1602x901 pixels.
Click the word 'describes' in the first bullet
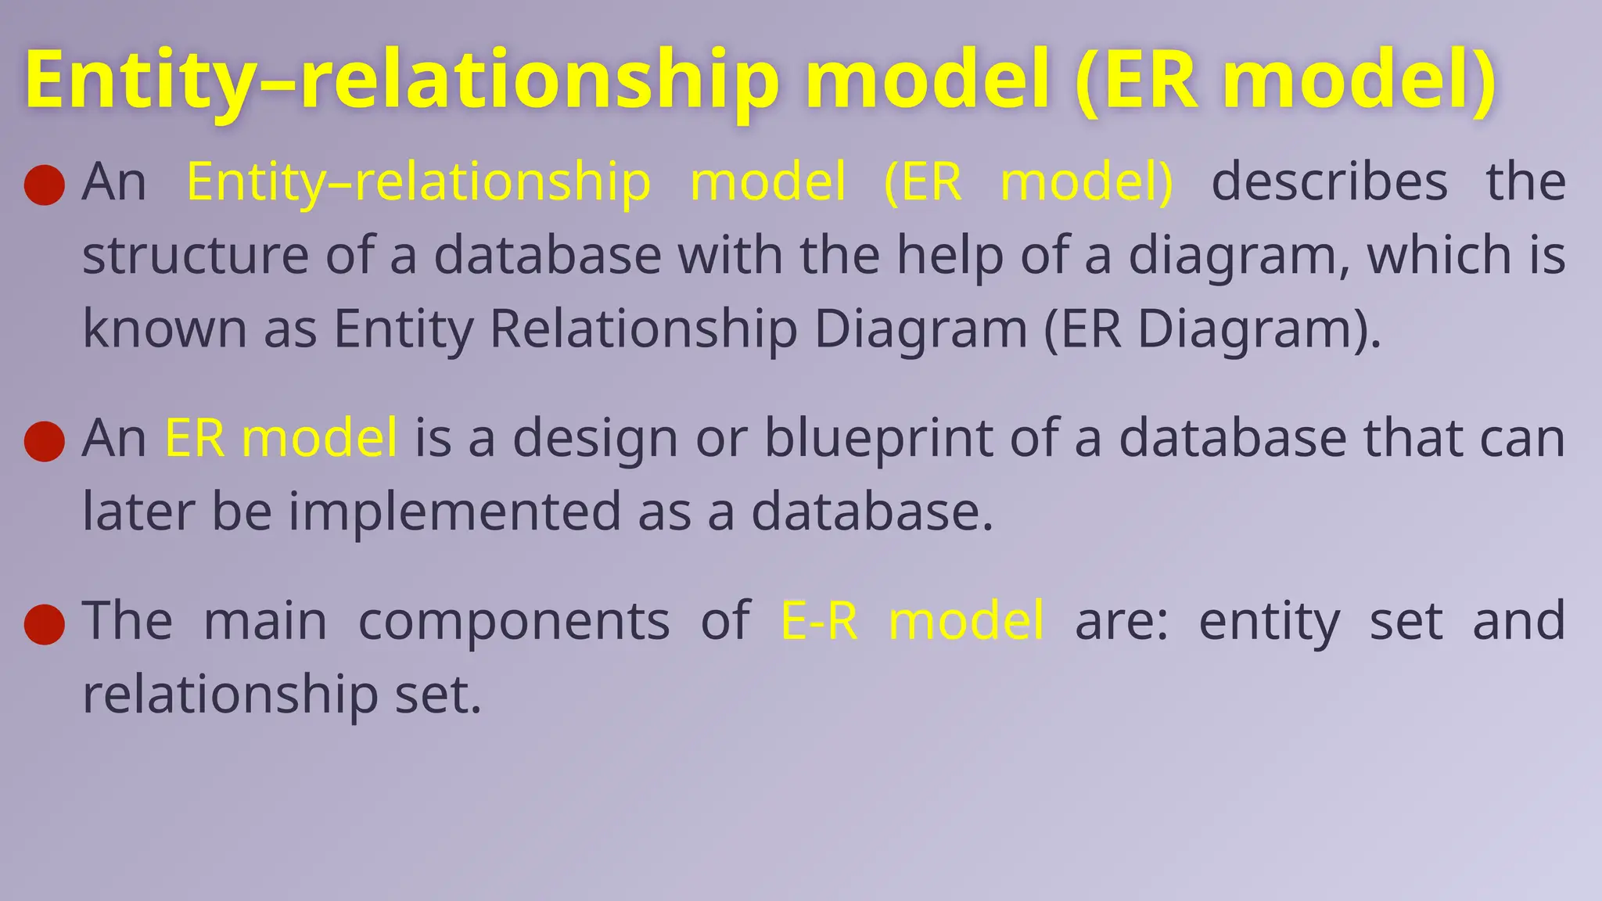(1329, 182)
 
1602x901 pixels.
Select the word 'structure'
(196, 256)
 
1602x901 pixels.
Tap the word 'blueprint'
(878, 438)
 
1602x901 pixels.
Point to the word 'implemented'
(454, 512)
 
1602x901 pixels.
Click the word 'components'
(514, 621)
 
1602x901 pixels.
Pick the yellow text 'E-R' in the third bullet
(820, 621)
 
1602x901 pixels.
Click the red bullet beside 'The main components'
(45, 624)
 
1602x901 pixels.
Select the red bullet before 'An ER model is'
(45, 441)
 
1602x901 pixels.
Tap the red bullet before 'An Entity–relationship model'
(45, 185)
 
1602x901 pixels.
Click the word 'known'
(164, 328)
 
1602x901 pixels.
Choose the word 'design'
(594, 438)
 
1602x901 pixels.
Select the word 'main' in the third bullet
(265, 621)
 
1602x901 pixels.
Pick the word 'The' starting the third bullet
(128, 621)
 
